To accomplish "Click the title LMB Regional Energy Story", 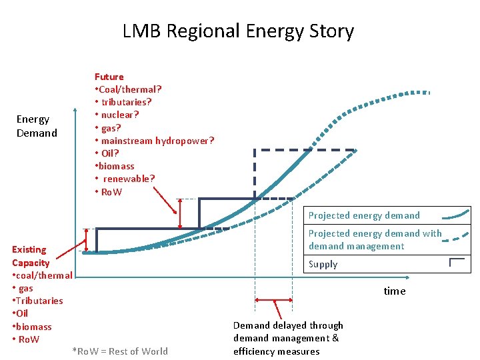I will pyautogui.click(x=238, y=31).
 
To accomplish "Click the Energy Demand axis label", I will pyautogui.click(x=37, y=126).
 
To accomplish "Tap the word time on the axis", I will pyautogui.click(x=394, y=291).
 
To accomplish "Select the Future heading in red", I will pyautogui.click(x=109, y=77).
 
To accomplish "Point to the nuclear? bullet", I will pyautogui.click(x=119, y=115).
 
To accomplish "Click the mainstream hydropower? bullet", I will pyautogui.click(x=155, y=141).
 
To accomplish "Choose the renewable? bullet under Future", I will pyautogui.click(x=127, y=179).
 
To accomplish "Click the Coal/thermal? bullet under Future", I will pyautogui.click(x=129, y=89).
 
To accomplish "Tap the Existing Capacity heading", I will pyautogui.click(x=30, y=256).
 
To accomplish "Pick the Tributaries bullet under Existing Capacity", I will pyautogui.click(x=39, y=301).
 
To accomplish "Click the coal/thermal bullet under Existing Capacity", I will pyautogui.click(x=43, y=275).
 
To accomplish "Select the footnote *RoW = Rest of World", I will pyautogui.click(x=120, y=351).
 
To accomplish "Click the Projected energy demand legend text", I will pyautogui.click(x=364, y=215).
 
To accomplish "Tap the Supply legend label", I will pyautogui.click(x=323, y=264).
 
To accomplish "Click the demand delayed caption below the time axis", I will pyautogui.click(x=288, y=338).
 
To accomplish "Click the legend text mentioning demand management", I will pyautogui.click(x=374, y=240).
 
